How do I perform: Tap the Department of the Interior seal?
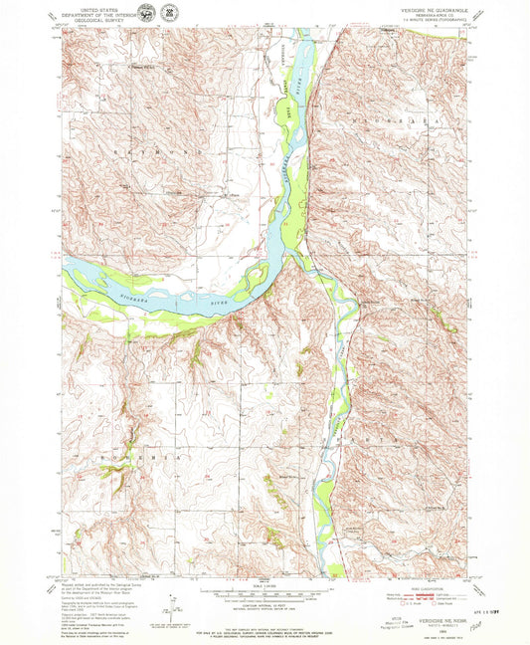147,13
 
